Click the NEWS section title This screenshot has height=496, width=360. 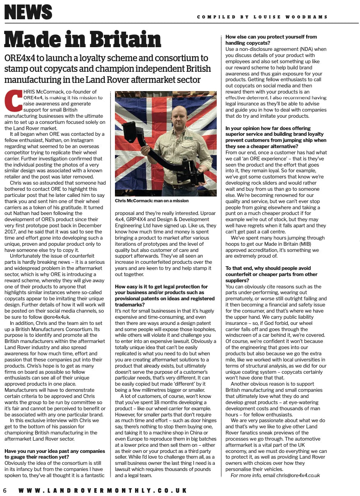point(28,12)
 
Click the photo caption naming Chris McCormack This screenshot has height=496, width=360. point(151,201)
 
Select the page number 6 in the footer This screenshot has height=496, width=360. point(5,490)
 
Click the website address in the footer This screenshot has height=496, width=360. point(103,490)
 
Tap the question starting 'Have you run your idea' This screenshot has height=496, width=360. point(55,454)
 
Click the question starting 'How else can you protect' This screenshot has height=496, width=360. point(271,40)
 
